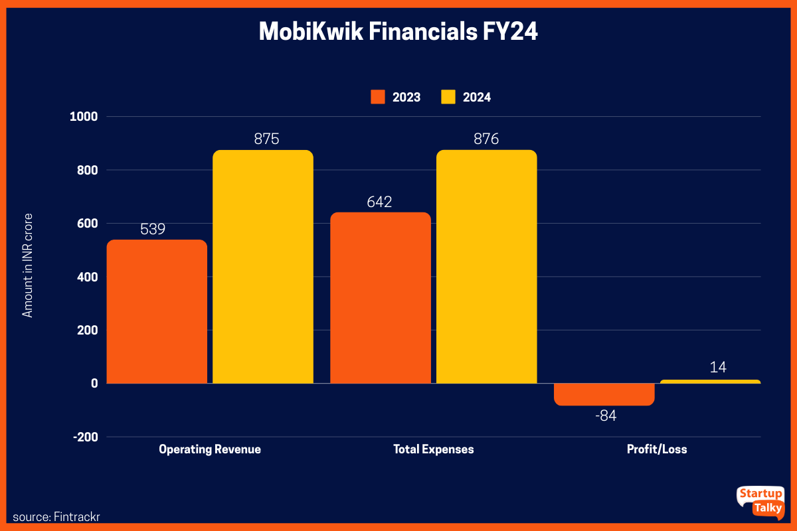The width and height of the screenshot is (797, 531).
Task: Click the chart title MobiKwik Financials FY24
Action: click(398, 32)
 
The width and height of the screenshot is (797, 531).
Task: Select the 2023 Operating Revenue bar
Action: click(157, 311)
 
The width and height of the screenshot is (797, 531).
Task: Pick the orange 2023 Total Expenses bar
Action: click(381, 298)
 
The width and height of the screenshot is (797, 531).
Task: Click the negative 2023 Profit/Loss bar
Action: click(604, 394)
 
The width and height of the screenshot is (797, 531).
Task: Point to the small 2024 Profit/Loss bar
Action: click(710, 382)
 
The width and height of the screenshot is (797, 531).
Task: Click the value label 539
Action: click(153, 229)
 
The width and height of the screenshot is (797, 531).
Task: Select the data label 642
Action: click(380, 202)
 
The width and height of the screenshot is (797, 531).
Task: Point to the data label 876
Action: click(486, 139)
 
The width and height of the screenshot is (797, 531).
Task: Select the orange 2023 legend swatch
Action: click(378, 97)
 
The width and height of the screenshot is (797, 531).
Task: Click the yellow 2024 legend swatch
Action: click(448, 97)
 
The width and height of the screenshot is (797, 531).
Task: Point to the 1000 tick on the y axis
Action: click(84, 117)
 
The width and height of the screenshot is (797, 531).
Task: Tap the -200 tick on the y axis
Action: click(84, 437)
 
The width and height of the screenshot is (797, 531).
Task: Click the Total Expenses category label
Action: click(434, 449)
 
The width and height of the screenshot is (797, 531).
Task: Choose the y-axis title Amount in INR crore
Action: click(28, 265)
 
